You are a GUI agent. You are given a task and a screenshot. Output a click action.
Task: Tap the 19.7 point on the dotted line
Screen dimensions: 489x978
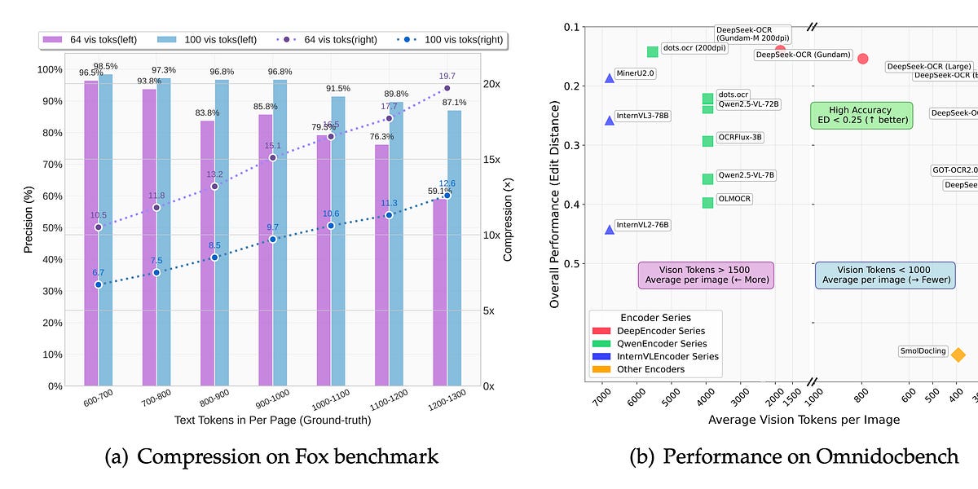coord(447,88)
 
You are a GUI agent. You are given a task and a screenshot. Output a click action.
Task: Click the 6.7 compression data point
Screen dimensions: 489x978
coord(98,284)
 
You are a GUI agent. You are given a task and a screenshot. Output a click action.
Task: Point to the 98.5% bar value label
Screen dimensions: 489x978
coord(105,66)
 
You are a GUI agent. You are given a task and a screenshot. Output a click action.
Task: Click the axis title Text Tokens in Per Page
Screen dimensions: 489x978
coord(272,420)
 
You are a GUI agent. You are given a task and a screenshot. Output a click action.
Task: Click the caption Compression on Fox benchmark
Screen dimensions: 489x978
coord(272,456)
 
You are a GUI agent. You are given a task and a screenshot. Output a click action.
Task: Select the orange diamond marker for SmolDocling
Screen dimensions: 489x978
coord(958,355)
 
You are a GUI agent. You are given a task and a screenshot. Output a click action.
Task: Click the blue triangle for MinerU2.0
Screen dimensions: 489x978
coord(610,77)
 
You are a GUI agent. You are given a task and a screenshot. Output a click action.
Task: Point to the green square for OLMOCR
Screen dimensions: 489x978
coord(708,202)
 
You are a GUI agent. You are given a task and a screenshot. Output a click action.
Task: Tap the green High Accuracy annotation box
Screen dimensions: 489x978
coord(861,115)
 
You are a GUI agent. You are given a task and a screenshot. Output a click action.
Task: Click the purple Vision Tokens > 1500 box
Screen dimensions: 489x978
coord(705,275)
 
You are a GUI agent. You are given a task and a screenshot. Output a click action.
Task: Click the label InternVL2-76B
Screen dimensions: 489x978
coord(642,225)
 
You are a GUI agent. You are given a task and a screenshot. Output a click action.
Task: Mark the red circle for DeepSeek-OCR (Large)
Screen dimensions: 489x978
coord(863,59)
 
